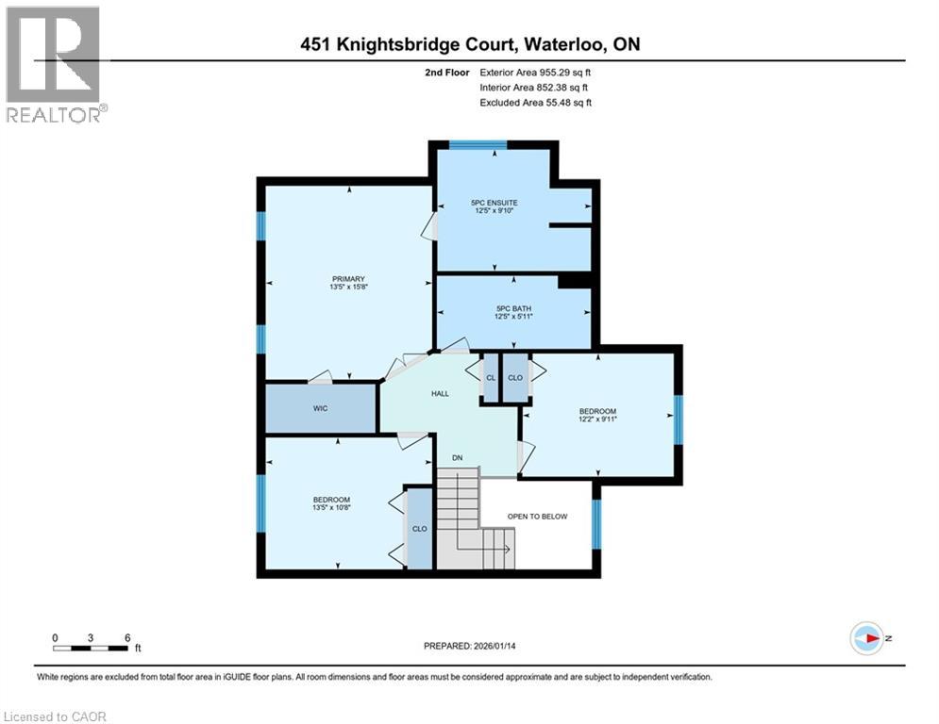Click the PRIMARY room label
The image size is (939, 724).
(x=347, y=278)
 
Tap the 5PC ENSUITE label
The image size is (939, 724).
(x=495, y=203)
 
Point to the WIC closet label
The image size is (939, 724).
(x=320, y=409)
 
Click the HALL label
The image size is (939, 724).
(x=440, y=394)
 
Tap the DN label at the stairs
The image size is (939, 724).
(x=458, y=458)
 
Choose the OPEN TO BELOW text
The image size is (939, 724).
(x=537, y=517)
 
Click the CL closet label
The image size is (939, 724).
(x=490, y=378)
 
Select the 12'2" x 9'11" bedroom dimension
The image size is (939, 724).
(x=597, y=421)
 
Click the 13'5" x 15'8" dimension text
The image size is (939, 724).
(x=347, y=288)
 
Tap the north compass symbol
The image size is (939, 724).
(x=866, y=638)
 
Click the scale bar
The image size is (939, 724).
(x=91, y=648)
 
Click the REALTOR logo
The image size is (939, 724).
(x=55, y=64)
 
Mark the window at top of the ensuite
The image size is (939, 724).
(x=478, y=144)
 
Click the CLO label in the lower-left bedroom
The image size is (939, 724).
(x=419, y=529)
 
